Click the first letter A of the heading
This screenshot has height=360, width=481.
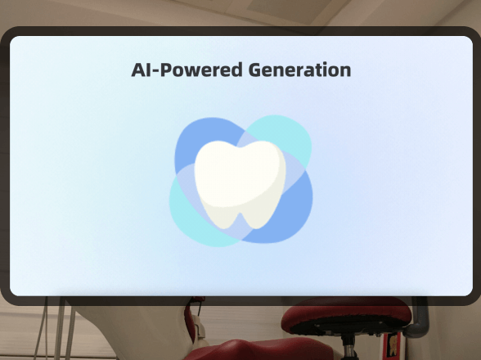pyautogui.click(x=139, y=70)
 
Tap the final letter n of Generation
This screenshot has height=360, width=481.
pyautogui.click(x=345, y=70)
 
